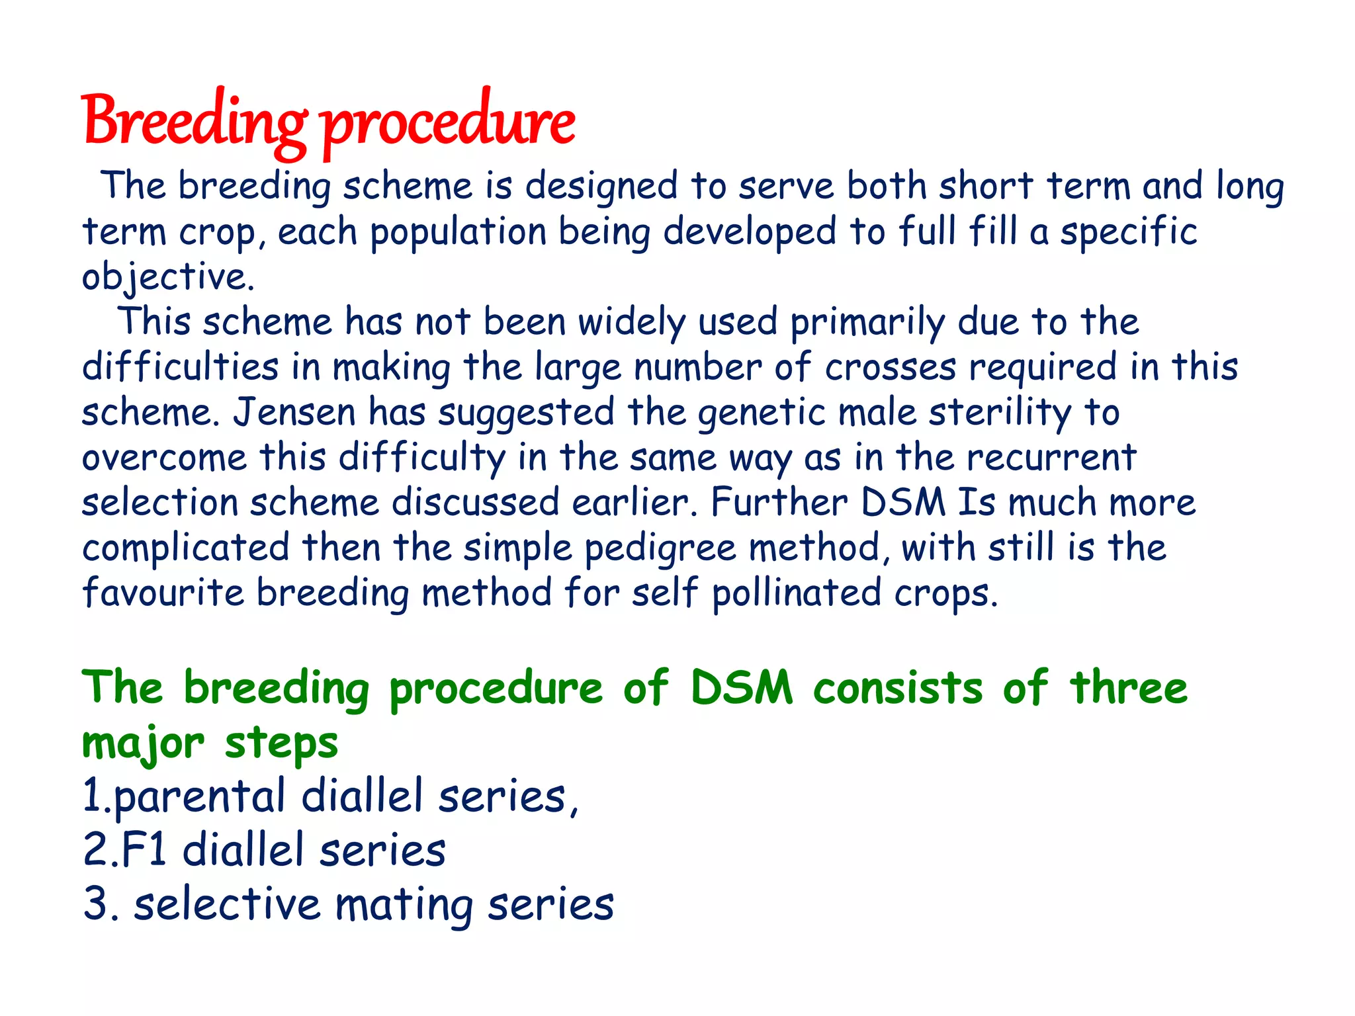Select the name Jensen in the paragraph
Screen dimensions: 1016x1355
pyautogui.click(x=294, y=411)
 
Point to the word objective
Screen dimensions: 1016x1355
pyautogui.click(x=168, y=276)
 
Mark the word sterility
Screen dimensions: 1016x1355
pyautogui.click(x=1000, y=411)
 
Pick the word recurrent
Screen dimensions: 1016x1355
pyautogui.click(x=1049, y=457)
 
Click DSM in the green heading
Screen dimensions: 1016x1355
pyautogui.click(x=742, y=688)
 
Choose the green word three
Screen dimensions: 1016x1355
pyautogui.click(x=1129, y=688)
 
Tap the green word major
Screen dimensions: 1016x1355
pyautogui.click(x=143, y=743)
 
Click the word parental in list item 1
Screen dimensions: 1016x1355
pyautogui.click(x=198, y=797)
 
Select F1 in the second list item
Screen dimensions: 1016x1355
pyautogui.click(x=144, y=849)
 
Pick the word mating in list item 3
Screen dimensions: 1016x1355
pyautogui.click(x=404, y=904)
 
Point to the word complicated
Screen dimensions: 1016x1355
pyautogui.click(x=186, y=548)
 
